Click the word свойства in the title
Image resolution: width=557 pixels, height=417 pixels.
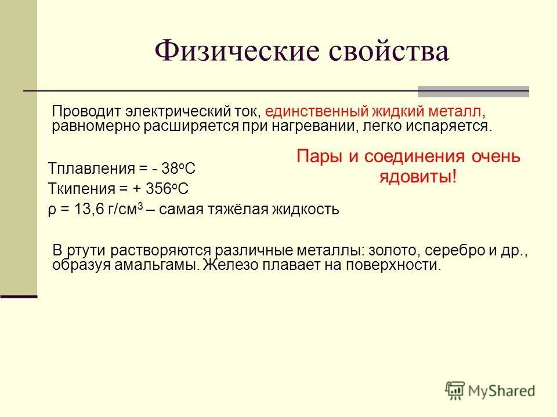click(388, 52)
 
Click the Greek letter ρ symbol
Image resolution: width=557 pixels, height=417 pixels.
click(51, 210)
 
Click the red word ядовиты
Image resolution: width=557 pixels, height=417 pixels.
click(415, 177)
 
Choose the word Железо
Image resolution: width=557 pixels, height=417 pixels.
click(232, 266)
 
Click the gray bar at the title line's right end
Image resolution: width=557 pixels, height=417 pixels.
click(473, 91)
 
